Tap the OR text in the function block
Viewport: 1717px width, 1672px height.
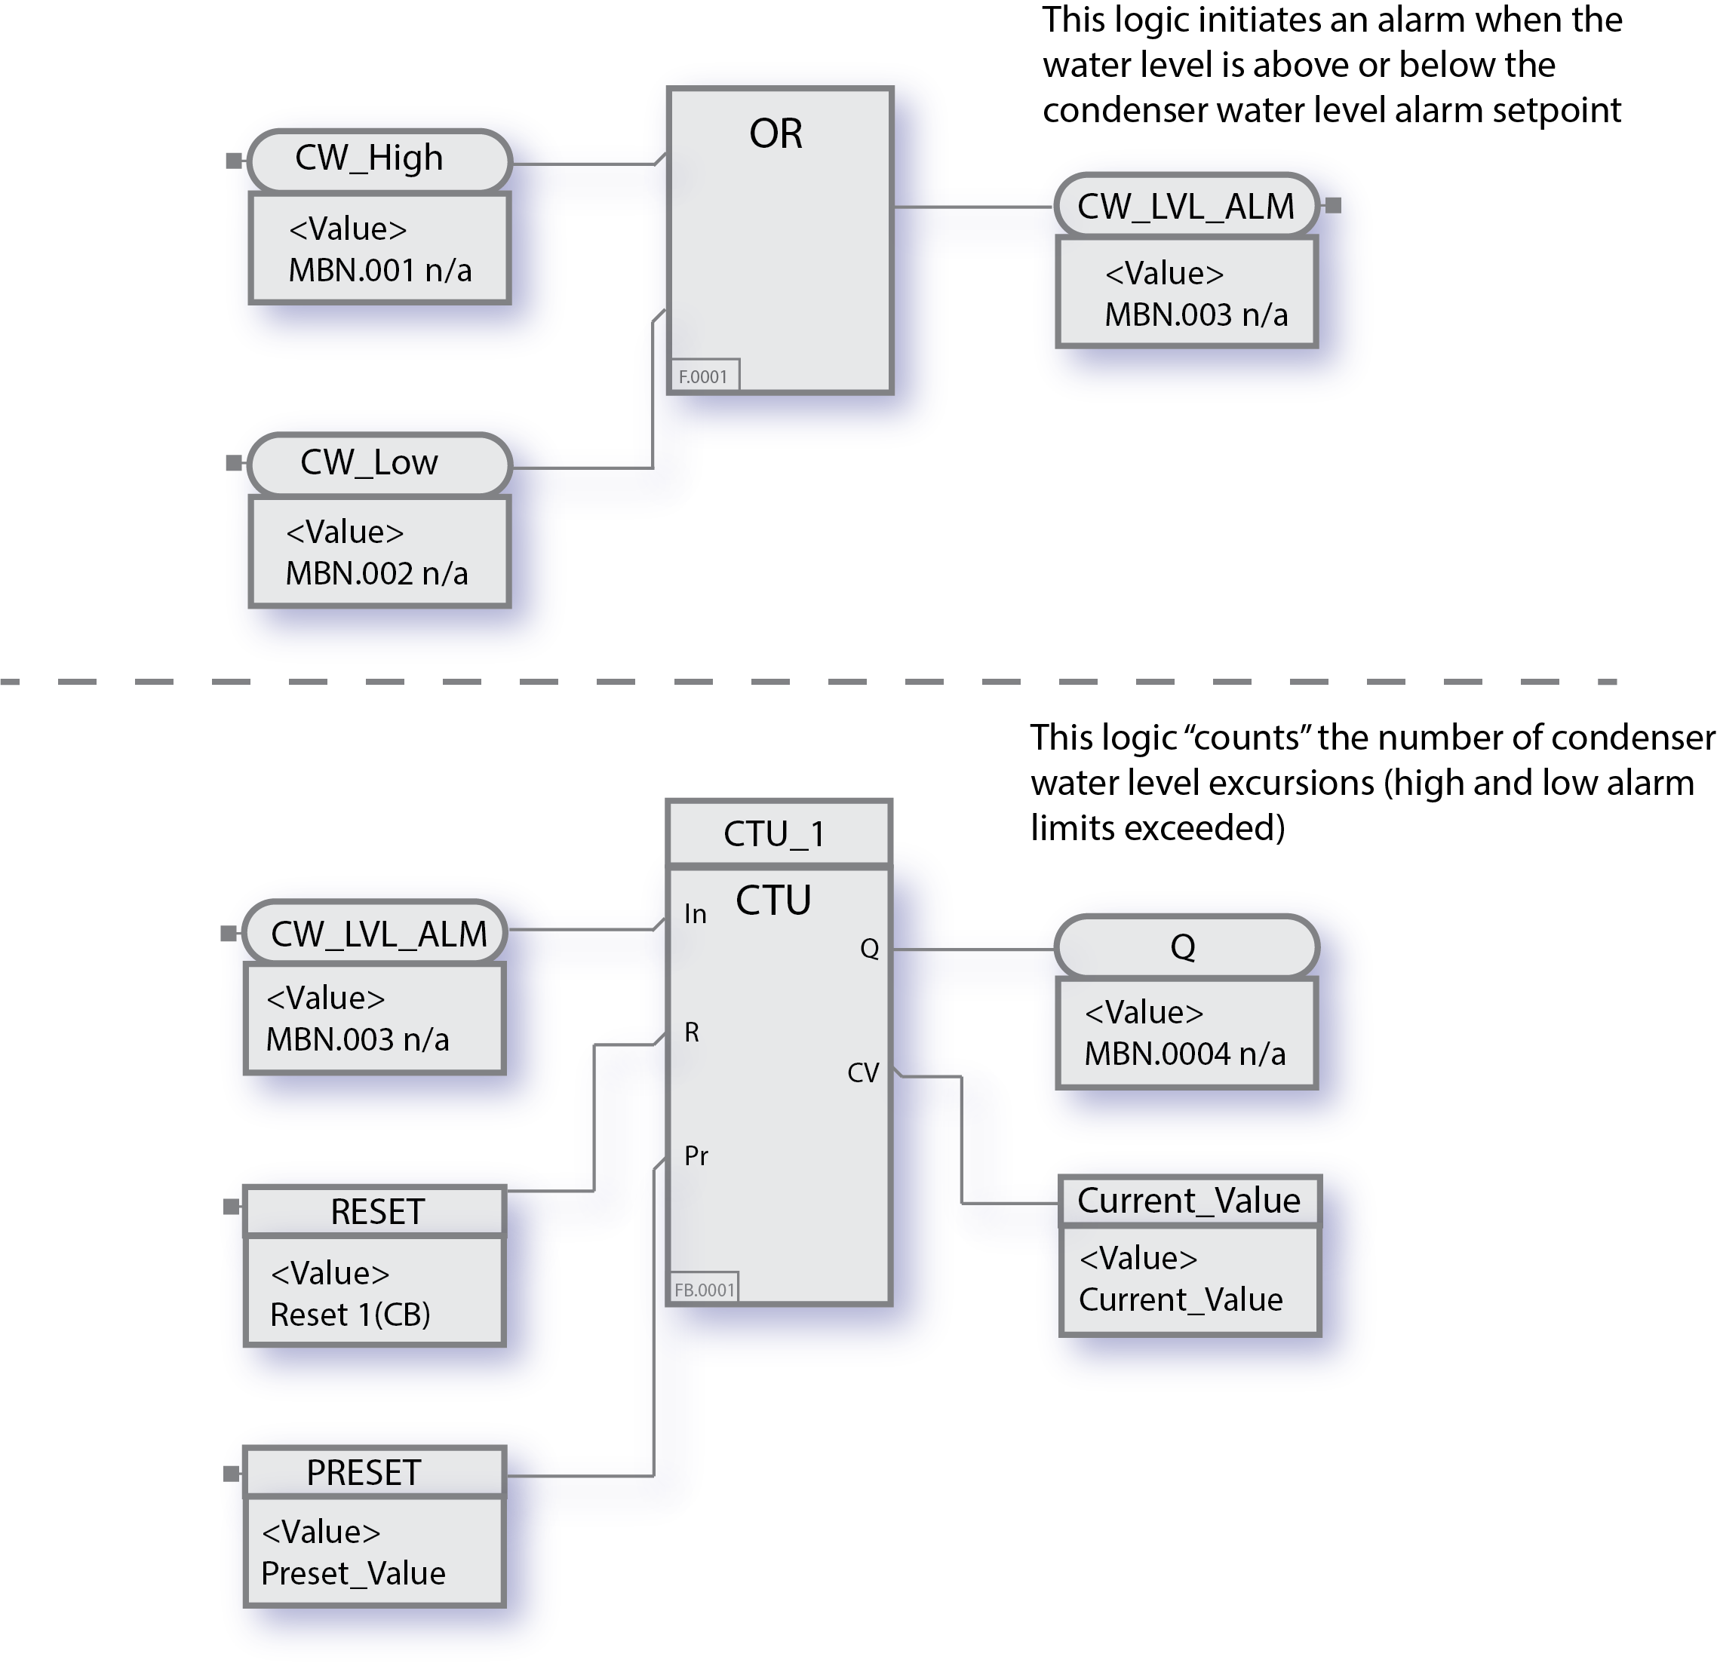[775, 134]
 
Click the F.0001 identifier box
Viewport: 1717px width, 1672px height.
[704, 376]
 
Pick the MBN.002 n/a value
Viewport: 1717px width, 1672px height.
[376, 573]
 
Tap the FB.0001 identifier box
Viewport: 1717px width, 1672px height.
[704, 1289]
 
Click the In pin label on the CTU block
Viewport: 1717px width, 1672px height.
[695, 914]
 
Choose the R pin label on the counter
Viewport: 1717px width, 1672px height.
[691, 1032]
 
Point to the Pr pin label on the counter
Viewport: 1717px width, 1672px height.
[696, 1155]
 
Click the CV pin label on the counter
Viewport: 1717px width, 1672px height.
[862, 1072]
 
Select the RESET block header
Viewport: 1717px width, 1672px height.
[376, 1212]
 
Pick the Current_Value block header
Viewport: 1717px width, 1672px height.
[1188, 1201]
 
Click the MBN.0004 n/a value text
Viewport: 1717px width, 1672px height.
[1184, 1054]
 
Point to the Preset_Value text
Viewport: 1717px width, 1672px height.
[353, 1572]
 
